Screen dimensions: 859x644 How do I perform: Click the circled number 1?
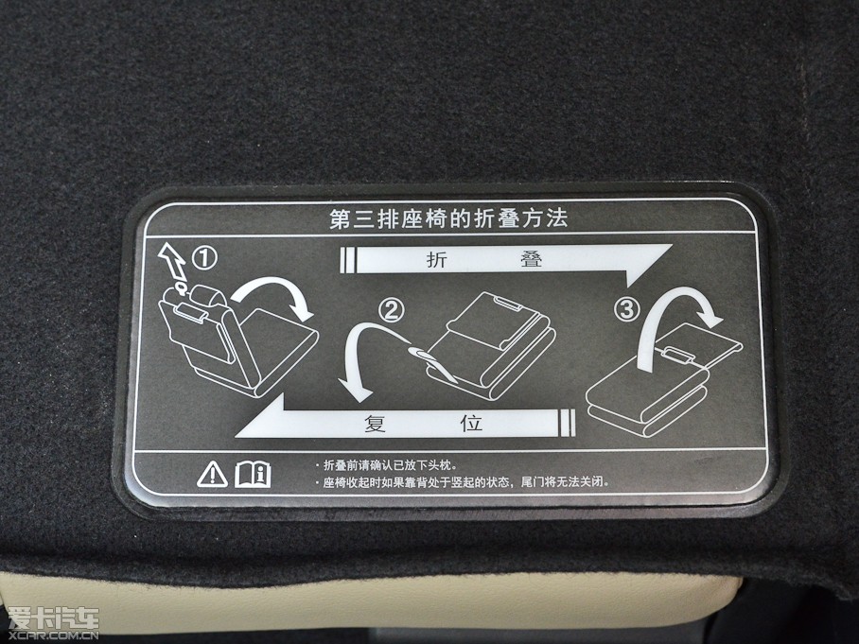pyautogui.click(x=204, y=257)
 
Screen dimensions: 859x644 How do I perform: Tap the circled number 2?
pyautogui.click(x=392, y=310)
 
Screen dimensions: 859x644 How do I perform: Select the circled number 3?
pyautogui.click(x=626, y=309)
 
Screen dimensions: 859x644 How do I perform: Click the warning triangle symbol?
pyautogui.click(x=213, y=474)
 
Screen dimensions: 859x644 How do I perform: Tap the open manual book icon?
pyautogui.click(x=253, y=474)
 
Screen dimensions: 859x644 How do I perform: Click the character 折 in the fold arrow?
pyautogui.click(x=437, y=259)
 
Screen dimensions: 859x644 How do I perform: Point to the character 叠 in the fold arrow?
pyautogui.click(x=532, y=258)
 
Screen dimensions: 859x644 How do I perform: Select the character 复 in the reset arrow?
pyautogui.click(x=376, y=424)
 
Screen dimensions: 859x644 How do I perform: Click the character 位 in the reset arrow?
pyautogui.click(x=470, y=424)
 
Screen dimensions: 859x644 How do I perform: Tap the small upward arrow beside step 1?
pyautogui.click(x=173, y=262)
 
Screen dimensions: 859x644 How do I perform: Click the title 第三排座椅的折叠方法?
pyautogui.click(x=448, y=218)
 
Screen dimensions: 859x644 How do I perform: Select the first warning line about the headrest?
pyautogui.click(x=389, y=465)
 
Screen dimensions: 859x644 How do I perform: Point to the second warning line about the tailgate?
pyautogui.click(x=464, y=482)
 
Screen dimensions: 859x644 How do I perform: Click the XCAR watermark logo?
pyautogui.click(x=53, y=623)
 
